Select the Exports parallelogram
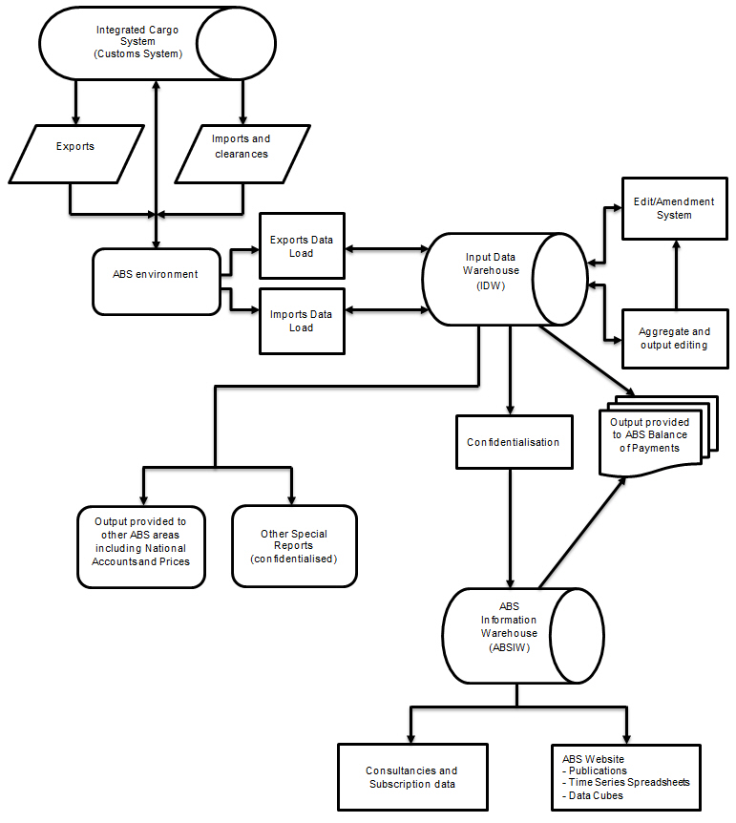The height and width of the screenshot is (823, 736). (74, 147)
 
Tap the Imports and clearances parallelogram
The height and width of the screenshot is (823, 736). (241, 147)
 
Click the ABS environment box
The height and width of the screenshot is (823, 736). (157, 275)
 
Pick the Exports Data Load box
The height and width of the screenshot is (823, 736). (302, 246)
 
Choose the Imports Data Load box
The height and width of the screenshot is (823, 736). (302, 321)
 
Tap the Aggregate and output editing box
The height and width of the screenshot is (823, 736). (673, 338)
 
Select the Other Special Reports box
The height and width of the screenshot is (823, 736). (294, 546)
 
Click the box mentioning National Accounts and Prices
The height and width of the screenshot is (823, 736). (141, 546)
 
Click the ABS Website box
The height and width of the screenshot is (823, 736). (626, 777)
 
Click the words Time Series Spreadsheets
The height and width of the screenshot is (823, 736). (630, 782)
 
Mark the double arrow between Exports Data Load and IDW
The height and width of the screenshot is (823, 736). (386, 249)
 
